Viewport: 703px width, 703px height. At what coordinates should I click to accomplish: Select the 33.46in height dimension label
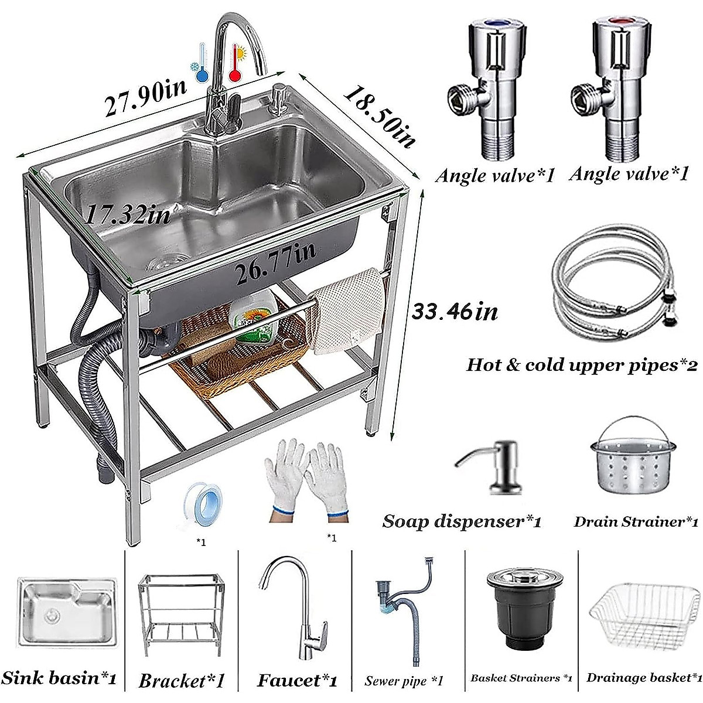[454, 310]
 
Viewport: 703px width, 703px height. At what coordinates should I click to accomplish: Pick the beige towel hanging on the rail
[349, 310]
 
